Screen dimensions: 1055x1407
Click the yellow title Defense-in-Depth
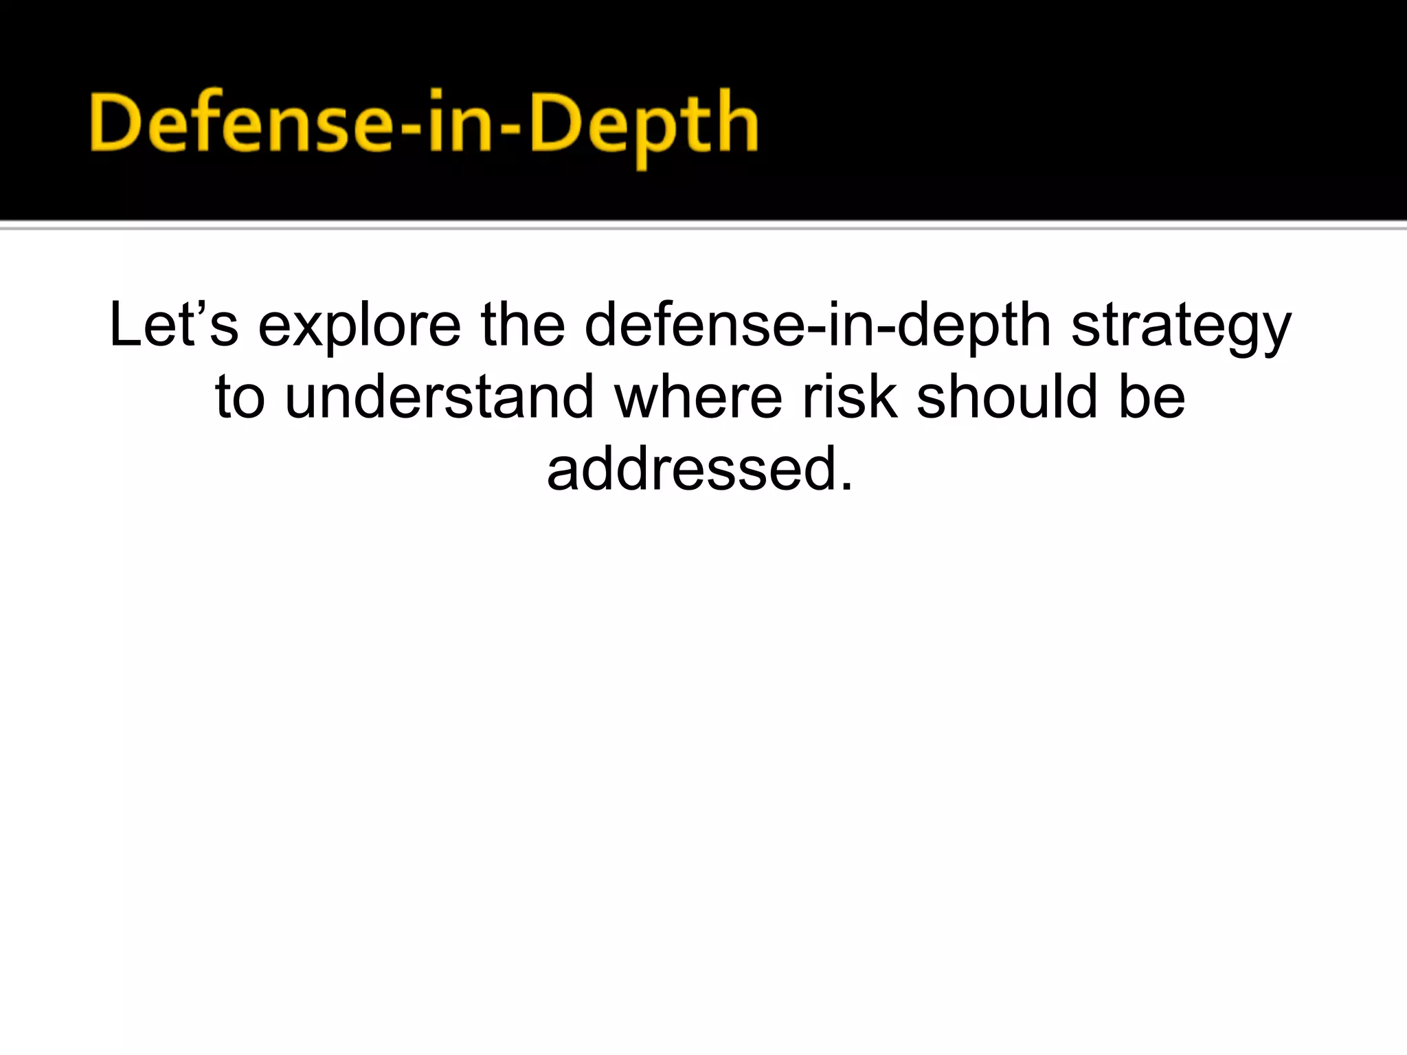click(x=424, y=124)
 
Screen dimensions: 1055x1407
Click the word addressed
click(x=690, y=469)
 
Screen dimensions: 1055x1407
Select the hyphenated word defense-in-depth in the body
click(x=818, y=326)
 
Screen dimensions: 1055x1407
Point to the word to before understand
click(x=240, y=398)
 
